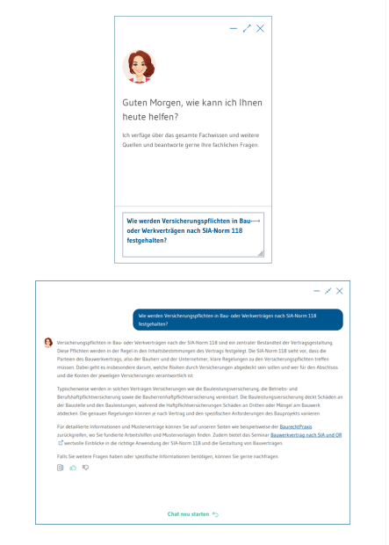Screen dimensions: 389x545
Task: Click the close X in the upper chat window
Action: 260,29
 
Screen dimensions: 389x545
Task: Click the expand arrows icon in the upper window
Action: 247,29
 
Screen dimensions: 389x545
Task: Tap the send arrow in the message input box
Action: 256,220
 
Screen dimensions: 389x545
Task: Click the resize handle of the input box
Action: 260,253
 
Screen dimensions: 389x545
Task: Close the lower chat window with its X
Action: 339,291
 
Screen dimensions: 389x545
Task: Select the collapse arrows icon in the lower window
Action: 328,291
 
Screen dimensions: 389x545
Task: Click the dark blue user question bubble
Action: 237,319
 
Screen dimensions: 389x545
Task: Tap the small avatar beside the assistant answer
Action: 48,340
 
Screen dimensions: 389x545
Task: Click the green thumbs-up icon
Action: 73,468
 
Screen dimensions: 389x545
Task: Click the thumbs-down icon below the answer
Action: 85,468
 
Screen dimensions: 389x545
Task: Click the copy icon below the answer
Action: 61,468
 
